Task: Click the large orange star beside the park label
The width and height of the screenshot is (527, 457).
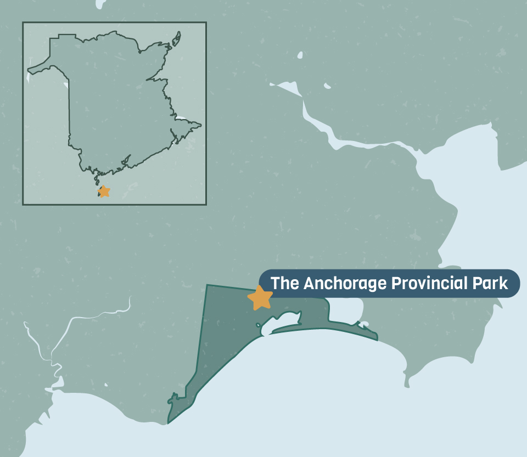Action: click(x=260, y=297)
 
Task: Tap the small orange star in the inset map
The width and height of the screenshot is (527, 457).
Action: click(x=103, y=191)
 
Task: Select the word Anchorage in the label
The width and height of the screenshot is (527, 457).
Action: click(x=344, y=284)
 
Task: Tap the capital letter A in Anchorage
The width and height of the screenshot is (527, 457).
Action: click(x=309, y=284)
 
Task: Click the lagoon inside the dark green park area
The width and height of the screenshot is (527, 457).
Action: click(x=283, y=320)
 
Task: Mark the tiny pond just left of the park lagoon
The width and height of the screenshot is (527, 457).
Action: click(x=258, y=325)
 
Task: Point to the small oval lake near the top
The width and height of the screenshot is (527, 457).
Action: click(x=300, y=55)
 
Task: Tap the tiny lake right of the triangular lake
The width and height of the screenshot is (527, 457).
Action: click(x=327, y=86)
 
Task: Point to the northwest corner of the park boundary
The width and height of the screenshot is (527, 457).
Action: click(x=207, y=285)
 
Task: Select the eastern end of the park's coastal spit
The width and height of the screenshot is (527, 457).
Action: click(x=377, y=338)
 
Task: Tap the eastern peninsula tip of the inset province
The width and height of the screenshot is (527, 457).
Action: click(x=200, y=125)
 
